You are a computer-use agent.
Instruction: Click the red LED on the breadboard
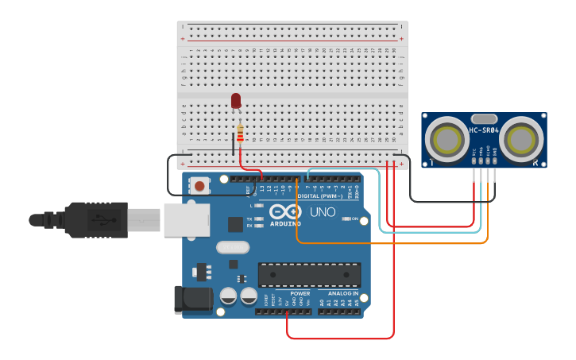pyautogui.click(x=236, y=100)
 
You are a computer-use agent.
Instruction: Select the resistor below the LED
pyautogui.click(x=240, y=134)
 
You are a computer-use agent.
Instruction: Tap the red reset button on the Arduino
pyautogui.click(x=200, y=185)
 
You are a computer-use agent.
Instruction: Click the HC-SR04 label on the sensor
pyautogui.click(x=484, y=130)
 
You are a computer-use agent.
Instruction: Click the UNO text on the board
pyautogui.click(x=322, y=212)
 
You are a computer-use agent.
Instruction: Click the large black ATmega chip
pyautogui.click(x=309, y=274)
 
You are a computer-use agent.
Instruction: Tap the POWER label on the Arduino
pyautogui.click(x=300, y=293)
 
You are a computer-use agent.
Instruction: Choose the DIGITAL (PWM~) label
pyautogui.click(x=319, y=195)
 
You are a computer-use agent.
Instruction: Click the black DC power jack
pyautogui.click(x=193, y=299)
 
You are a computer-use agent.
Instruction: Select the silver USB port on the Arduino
pyautogui.click(x=186, y=219)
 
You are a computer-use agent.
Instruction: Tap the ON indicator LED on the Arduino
pyautogui.click(x=346, y=219)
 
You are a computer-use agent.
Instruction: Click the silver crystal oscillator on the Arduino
pyautogui.click(x=232, y=247)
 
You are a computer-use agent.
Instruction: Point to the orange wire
pyautogui.click(x=381, y=242)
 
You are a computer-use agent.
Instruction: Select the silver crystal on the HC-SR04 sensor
pyautogui.click(x=484, y=118)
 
